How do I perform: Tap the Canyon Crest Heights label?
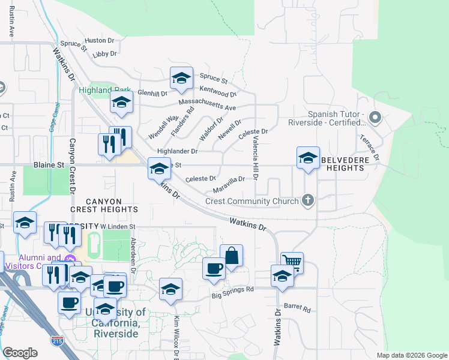pyautogui.click(x=103, y=205)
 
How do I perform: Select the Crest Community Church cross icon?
pyautogui.click(x=308, y=200)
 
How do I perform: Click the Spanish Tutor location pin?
pyautogui.click(x=376, y=118)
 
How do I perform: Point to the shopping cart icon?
pyautogui.click(x=291, y=262)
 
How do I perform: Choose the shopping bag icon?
pyautogui.click(x=231, y=256)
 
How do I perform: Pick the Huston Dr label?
pyautogui.click(x=99, y=41)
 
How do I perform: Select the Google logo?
pyautogui.click(x=20, y=353)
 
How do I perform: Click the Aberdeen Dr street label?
pyautogui.click(x=133, y=254)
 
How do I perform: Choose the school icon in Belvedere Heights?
pyautogui.click(x=308, y=158)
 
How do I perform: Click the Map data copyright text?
pyautogui.click(x=411, y=355)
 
